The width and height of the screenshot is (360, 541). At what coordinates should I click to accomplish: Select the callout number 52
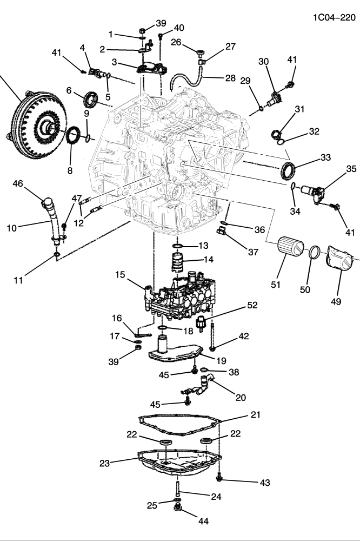point(252,306)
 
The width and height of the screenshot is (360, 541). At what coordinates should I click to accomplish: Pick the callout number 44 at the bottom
point(203,522)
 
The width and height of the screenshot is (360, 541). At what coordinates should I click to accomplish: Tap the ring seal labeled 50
point(315,252)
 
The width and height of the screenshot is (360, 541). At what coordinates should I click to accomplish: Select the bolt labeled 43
point(219,477)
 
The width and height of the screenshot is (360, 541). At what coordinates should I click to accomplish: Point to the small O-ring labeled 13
point(179,245)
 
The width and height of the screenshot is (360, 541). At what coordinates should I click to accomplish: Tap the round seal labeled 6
point(91,100)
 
